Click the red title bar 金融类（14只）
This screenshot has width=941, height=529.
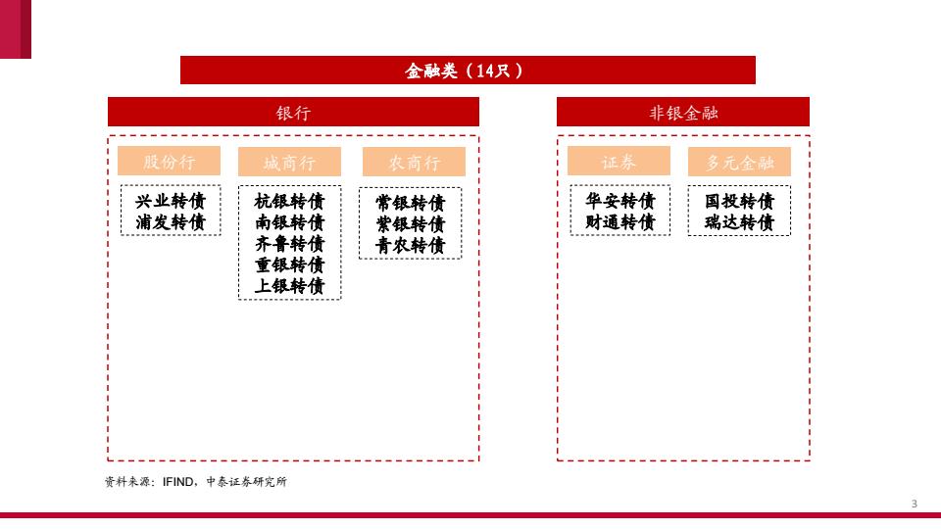point(468,71)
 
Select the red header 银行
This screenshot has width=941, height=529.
point(293,112)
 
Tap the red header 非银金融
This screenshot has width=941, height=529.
point(683,112)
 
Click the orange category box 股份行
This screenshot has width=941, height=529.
point(170,162)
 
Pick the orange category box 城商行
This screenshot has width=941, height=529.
point(289,162)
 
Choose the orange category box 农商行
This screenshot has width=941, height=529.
point(414,162)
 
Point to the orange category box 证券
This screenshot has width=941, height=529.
point(619,162)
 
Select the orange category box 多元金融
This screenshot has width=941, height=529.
point(739,162)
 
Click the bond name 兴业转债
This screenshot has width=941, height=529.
point(171,201)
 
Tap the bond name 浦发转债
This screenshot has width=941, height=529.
point(171,222)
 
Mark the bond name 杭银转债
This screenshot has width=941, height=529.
point(289,201)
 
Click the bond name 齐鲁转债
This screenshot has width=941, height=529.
point(289,244)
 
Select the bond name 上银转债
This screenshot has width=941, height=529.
point(289,285)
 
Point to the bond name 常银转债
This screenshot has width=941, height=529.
point(411,203)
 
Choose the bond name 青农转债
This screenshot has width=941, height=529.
point(411,245)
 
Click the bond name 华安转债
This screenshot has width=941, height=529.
point(619,201)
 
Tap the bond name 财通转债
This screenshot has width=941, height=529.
point(619,222)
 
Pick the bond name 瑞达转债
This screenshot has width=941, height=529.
point(739,222)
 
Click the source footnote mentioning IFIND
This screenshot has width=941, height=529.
point(196,482)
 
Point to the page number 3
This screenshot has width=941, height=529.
point(914,504)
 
